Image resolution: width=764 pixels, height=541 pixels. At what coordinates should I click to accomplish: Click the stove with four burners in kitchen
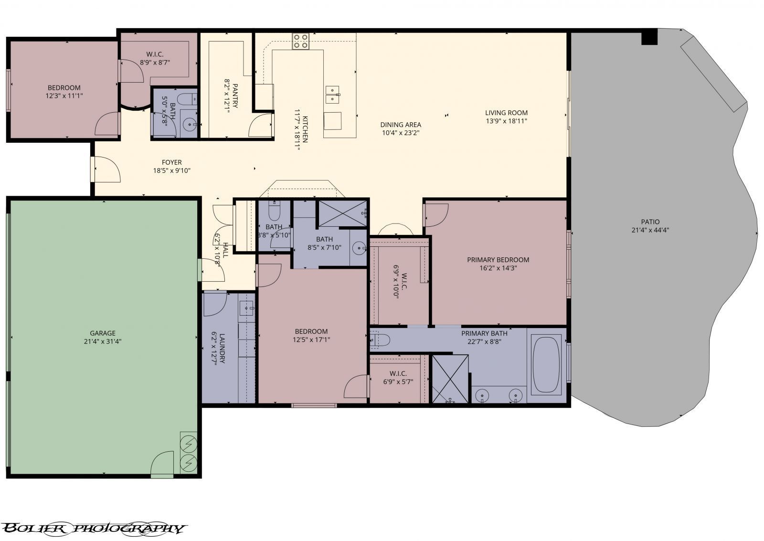pos(300,42)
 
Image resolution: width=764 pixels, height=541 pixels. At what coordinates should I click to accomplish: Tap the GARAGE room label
pos(103,333)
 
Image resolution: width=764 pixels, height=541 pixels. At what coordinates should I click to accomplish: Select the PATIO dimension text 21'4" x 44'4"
pos(650,230)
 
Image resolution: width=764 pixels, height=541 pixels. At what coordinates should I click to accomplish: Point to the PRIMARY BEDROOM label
pos(498,260)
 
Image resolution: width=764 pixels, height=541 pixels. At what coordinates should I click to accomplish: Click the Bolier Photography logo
pos(93,528)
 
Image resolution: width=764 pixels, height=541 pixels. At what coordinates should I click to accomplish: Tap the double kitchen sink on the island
pos(332,95)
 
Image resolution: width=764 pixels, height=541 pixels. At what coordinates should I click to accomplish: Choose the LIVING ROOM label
pos(506,113)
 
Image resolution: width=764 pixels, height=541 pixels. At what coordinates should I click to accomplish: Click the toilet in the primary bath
pos(381,339)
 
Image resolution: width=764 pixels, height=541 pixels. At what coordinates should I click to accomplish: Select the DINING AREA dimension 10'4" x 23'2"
pos(401,133)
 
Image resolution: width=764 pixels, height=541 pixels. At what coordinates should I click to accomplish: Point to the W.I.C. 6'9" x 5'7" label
pos(398,377)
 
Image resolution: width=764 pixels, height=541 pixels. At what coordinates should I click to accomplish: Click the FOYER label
pos(171,162)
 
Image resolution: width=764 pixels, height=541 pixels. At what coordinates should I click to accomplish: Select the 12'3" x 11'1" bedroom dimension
pos(64,95)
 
